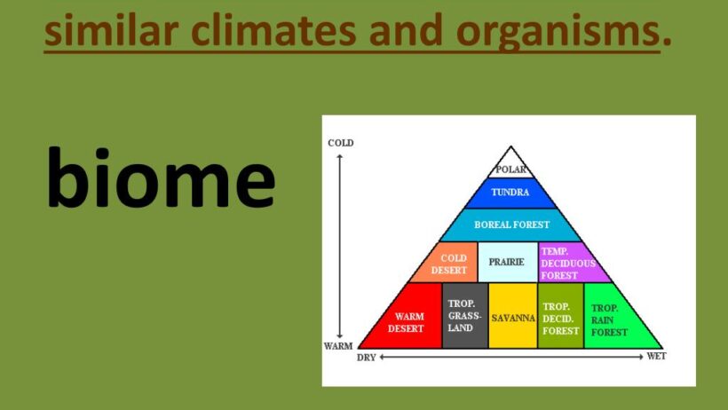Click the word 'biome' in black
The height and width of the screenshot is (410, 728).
161,177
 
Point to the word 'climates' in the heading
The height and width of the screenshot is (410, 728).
274,29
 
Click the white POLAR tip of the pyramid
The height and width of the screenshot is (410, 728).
510,165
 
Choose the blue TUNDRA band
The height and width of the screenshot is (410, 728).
510,193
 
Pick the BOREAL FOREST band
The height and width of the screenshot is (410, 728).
510,225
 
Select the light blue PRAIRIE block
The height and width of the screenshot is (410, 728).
508,262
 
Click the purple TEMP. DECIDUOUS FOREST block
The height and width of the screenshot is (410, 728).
571,264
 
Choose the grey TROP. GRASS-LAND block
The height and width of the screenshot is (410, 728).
464,316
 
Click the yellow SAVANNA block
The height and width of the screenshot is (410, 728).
513,316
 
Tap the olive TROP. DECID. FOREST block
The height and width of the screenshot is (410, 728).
560,316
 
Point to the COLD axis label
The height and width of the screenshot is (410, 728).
341,143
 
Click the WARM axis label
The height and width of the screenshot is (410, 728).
338,346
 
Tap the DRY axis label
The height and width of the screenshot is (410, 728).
366,358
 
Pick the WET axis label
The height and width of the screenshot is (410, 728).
656,356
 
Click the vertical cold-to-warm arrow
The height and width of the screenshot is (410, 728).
340,246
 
